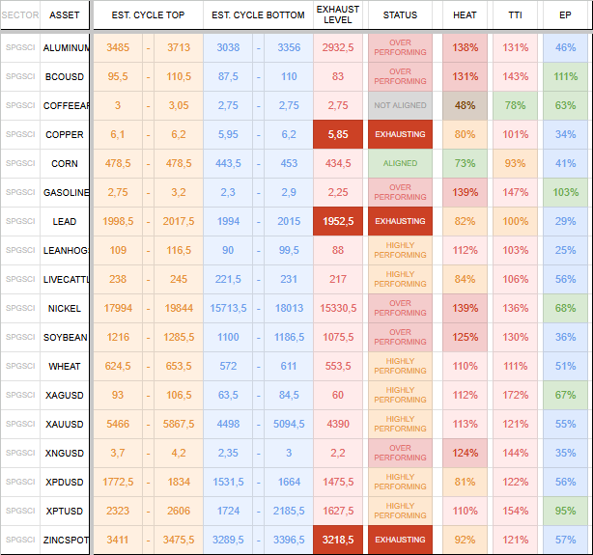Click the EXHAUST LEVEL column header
[338, 14]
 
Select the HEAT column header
[465, 15]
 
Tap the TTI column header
[515, 15]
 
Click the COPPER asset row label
[65, 135]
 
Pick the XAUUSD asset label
[65, 425]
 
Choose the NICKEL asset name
[65, 309]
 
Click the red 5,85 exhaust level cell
[338, 135]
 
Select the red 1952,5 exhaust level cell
[338, 222]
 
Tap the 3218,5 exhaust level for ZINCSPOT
[338, 541]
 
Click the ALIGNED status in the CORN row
[400, 164]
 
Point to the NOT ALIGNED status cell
[400, 106]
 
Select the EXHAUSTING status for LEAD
[400, 222]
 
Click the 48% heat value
[465, 106]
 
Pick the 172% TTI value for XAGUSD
[515, 396]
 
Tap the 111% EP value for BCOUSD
[566, 77]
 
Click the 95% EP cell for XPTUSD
[566, 512]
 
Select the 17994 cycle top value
[118, 309]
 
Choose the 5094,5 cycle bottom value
[289, 425]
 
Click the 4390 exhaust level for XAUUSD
[338, 425]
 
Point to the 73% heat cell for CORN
[465, 164]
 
